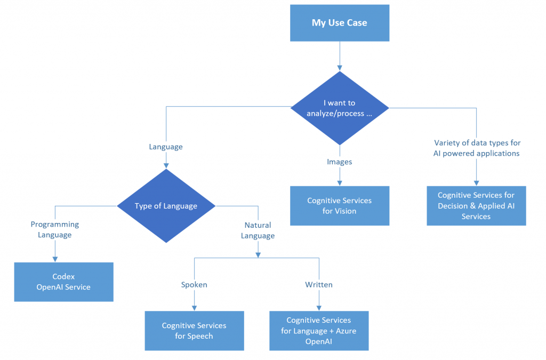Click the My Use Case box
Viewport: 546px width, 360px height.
click(339, 22)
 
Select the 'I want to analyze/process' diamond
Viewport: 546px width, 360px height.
click(339, 108)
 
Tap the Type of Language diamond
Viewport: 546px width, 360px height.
click(166, 206)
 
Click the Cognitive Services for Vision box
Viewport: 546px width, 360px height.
click(339, 205)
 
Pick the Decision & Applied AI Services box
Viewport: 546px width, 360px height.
click(476, 205)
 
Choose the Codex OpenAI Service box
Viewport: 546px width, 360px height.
click(63, 282)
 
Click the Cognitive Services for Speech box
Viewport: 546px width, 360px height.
click(194, 330)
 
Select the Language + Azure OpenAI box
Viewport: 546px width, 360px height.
click(318, 331)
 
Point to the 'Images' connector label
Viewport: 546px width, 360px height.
click(339, 162)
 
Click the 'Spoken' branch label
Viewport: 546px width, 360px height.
click(194, 285)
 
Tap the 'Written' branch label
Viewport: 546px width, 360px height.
click(318, 285)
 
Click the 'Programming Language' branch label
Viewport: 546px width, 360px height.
click(54, 229)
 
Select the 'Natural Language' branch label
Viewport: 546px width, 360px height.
click(258, 230)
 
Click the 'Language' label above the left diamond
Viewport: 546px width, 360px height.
click(166, 147)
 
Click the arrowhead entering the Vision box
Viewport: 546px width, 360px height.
click(339, 182)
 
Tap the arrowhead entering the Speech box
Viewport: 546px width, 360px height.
click(194, 308)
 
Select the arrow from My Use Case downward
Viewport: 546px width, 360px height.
click(339, 55)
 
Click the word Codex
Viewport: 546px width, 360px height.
click(63, 277)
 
